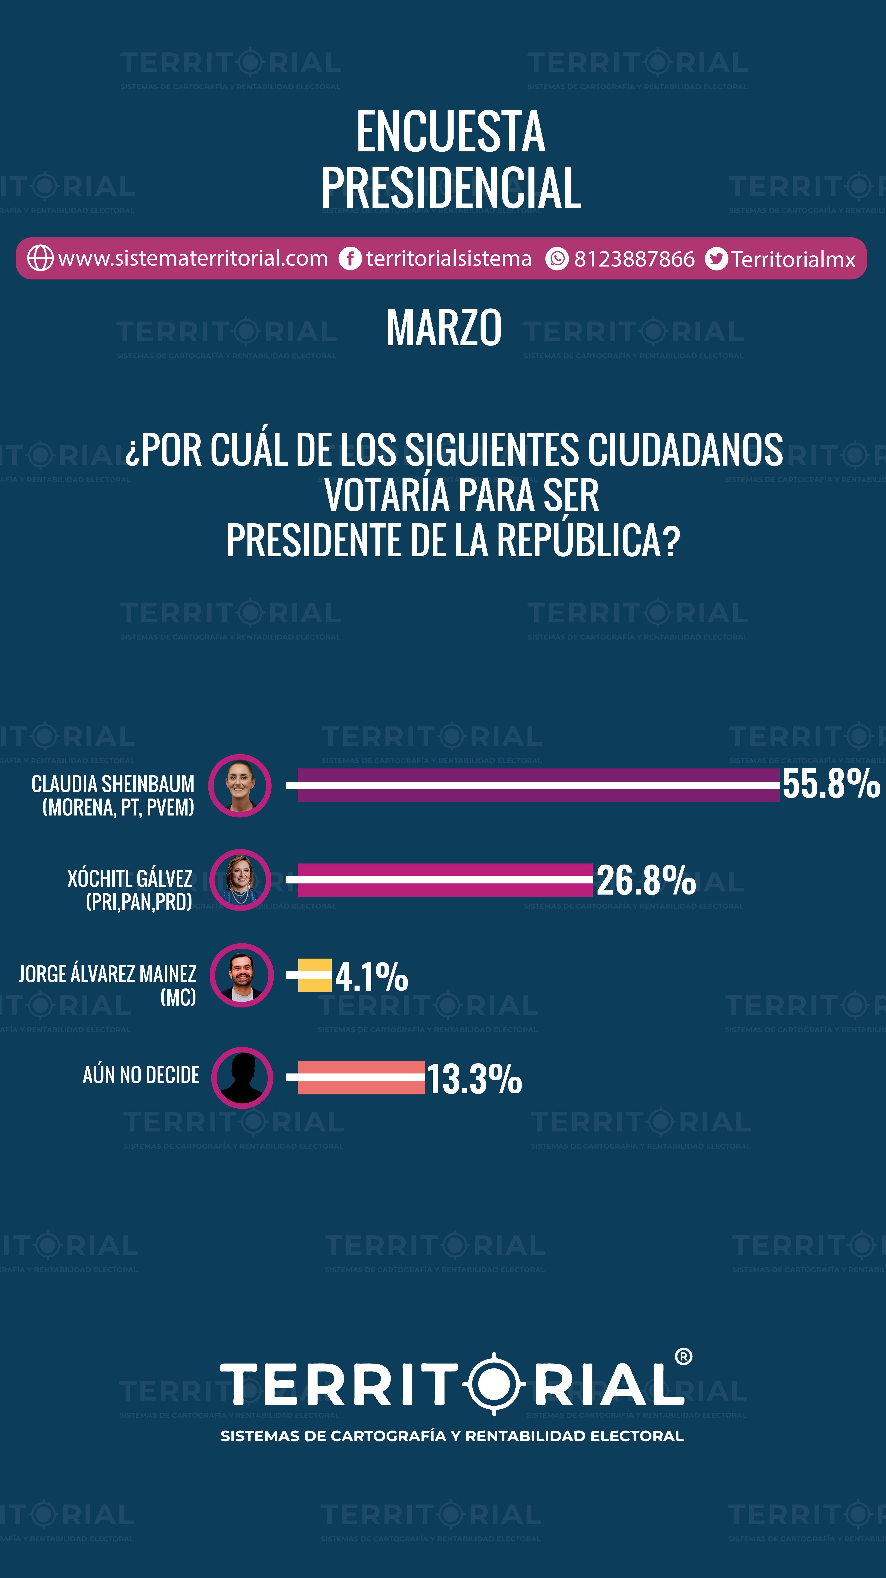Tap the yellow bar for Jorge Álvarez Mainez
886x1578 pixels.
coord(314,975)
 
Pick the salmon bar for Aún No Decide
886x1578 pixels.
coord(361,1077)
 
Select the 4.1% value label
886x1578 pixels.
coord(371,976)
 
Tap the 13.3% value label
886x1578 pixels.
coord(474,1079)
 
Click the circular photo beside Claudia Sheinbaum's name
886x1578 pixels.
coord(240,785)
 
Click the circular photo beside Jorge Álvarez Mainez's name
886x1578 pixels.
coord(241,975)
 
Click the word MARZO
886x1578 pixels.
coord(444,328)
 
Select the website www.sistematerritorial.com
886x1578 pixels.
coord(193,259)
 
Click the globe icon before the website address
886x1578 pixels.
coord(40,258)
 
